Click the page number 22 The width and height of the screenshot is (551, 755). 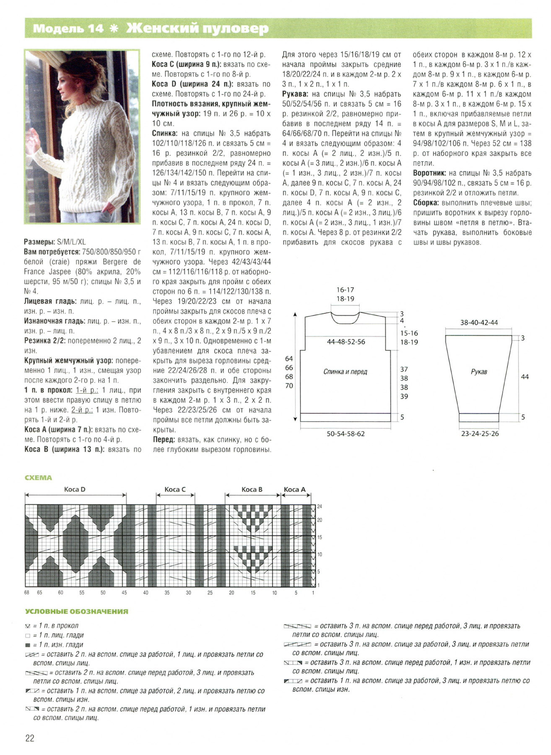(x=30, y=738)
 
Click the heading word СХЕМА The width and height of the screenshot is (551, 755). (x=38, y=477)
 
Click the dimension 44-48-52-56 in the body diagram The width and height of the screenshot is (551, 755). (x=346, y=342)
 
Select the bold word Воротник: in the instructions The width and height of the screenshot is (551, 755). (x=429, y=173)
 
